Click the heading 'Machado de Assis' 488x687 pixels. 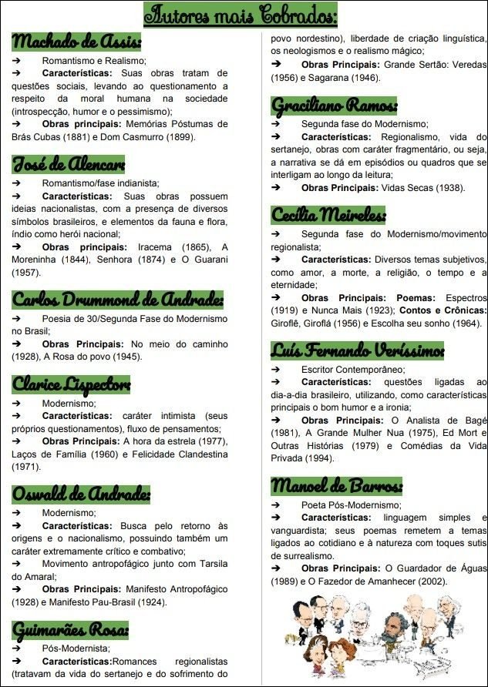pyautogui.click(x=76, y=41)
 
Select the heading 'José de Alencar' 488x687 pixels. pyautogui.click(x=68, y=164)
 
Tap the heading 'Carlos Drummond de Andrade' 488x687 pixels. pyautogui.click(x=118, y=300)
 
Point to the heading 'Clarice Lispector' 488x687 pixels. pyautogui.click(x=71, y=384)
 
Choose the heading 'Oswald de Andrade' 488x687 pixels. pyautogui.click(x=81, y=494)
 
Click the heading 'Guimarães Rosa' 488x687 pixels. pyautogui.click(x=70, y=630)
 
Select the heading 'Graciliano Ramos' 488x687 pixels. pyautogui.click(x=334, y=104)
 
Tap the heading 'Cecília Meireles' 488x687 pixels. pyautogui.click(x=328, y=214)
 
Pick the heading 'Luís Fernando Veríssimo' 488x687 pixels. pyautogui.click(x=358, y=350)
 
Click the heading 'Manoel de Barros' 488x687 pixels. pyautogui.click(x=336, y=486)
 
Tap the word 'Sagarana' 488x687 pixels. pyautogui.click(x=336, y=78)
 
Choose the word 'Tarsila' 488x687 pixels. pyautogui.click(x=204, y=563)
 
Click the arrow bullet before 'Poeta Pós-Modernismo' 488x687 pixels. pyautogui.click(x=275, y=504)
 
